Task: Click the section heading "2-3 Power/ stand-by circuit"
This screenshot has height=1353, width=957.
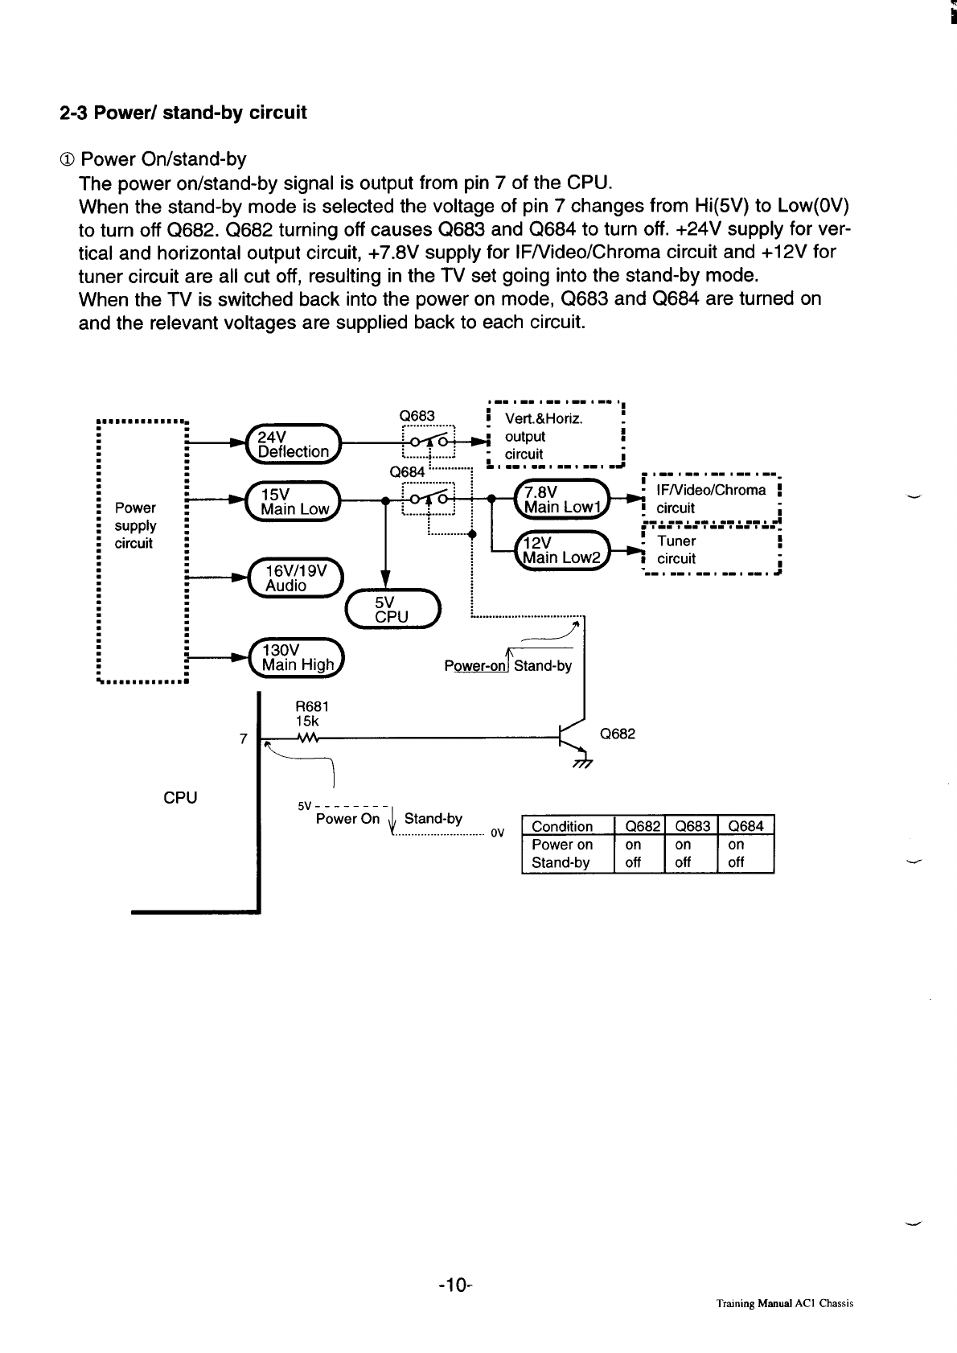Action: (x=183, y=113)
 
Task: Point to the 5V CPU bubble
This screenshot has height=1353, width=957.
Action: (x=392, y=608)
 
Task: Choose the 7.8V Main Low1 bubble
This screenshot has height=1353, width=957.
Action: (x=562, y=500)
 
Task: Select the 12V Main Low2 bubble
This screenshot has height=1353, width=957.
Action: (x=562, y=550)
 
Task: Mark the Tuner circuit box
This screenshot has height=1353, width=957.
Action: (x=711, y=549)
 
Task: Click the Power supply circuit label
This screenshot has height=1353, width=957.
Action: (x=135, y=525)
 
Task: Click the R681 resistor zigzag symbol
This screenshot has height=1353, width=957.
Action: (x=309, y=738)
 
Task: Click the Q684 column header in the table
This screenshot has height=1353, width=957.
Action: (x=746, y=826)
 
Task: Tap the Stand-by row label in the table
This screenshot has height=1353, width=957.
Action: (x=561, y=863)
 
